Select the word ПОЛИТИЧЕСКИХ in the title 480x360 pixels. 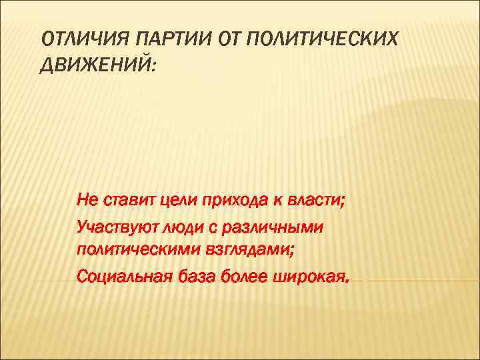(x=322, y=40)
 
